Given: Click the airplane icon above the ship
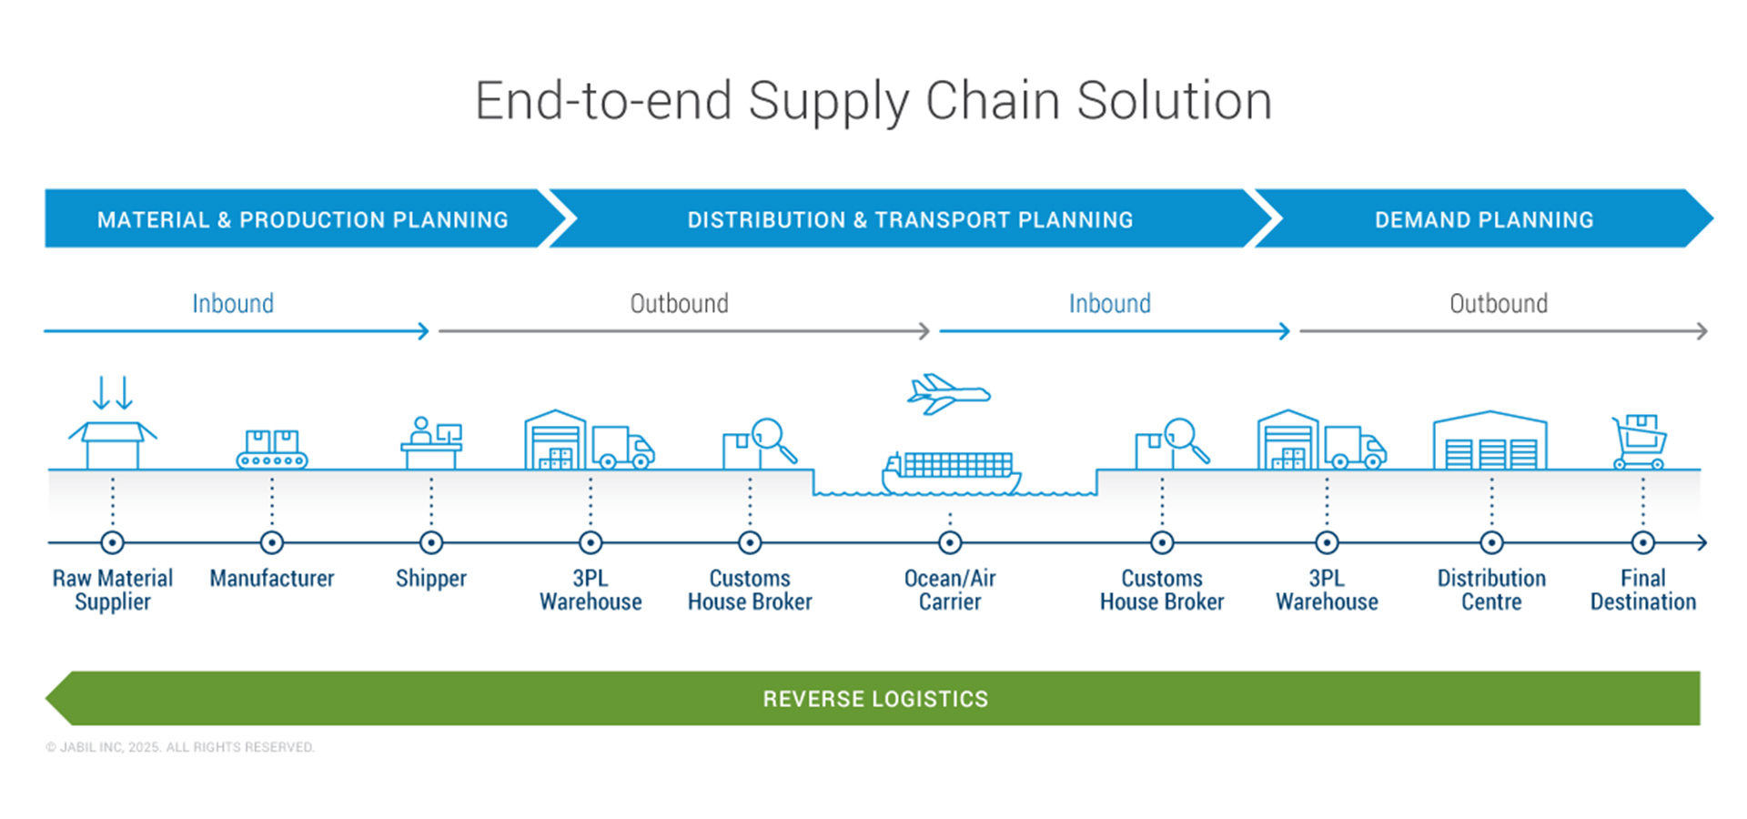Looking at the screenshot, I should pos(947,393).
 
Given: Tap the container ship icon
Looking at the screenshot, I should pos(951,472).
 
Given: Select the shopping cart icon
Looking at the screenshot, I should pos(1640,441).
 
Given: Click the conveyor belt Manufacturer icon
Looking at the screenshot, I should pos(272,449).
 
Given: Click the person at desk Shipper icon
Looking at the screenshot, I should pos(431,443).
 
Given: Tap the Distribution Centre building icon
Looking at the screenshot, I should pos(1489,441).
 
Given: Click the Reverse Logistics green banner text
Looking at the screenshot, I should pos(874,699).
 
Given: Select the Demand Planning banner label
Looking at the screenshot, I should pos(1483,220).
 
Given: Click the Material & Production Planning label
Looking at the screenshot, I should pos(302,220).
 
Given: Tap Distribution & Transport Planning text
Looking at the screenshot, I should pos(910,220).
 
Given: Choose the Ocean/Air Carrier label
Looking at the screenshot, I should pos(950,590).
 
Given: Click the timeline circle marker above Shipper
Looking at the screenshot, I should pos(431,543).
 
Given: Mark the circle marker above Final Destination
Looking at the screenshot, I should pos(1642,543).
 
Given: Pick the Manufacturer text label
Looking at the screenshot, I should pos(272,579).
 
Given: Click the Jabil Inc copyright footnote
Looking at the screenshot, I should pos(180,747).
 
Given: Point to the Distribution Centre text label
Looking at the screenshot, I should pos(1490,590).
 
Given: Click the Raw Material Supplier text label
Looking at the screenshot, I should pos(113,590).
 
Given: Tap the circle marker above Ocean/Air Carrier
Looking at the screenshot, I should pos(950,543).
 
